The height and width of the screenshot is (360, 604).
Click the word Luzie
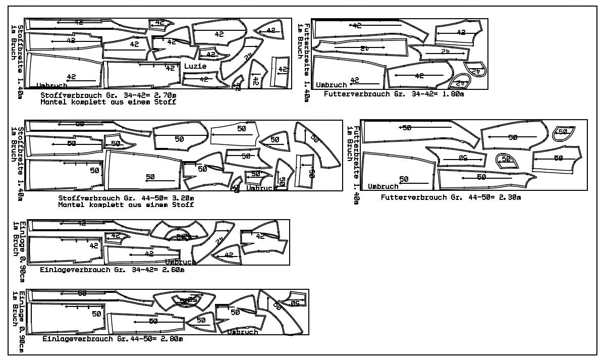click(x=195, y=66)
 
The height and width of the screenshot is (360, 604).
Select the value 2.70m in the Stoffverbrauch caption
click(x=167, y=94)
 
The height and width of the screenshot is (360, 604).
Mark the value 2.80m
click(x=171, y=339)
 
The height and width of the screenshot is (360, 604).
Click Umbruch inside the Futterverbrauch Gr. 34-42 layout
click(x=332, y=85)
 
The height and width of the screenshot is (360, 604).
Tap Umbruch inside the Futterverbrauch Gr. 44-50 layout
click(x=383, y=186)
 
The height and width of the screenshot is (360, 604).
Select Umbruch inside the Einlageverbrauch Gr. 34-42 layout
click(x=180, y=262)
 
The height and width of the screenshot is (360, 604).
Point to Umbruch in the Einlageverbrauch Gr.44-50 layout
click(x=243, y=332)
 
